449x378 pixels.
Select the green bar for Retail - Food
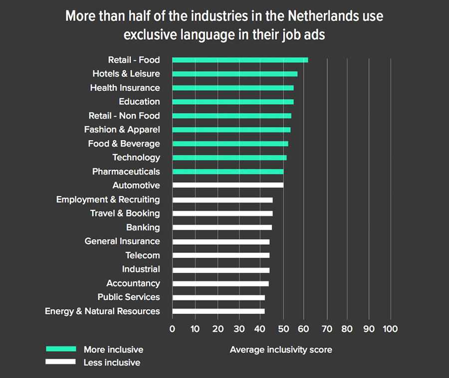tap(240, 60)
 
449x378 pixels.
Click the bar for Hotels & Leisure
tap(234, 74)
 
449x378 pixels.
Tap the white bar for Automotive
tap(227, 185)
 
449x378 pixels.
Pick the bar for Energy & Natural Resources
tap(218, 311)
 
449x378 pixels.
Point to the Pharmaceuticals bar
tap(227, 171)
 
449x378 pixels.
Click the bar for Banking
tap(222, 228)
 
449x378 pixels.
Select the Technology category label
tap(136, 157)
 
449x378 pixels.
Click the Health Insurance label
tap(125, 88)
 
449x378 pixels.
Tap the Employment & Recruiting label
tap(108, 199)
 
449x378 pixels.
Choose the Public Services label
tap(129, 297)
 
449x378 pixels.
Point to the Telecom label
tap(143, 255)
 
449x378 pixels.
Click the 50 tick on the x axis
tap(283, 329)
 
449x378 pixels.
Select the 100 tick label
tap(390, 329)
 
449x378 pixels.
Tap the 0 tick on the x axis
tap(172, 329)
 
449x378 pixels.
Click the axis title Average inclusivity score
tap(281, 350)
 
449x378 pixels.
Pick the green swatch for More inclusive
tap(60, 349)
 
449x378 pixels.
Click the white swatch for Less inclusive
tap(60, 362)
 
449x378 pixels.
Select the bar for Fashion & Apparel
tap(231, 129)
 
